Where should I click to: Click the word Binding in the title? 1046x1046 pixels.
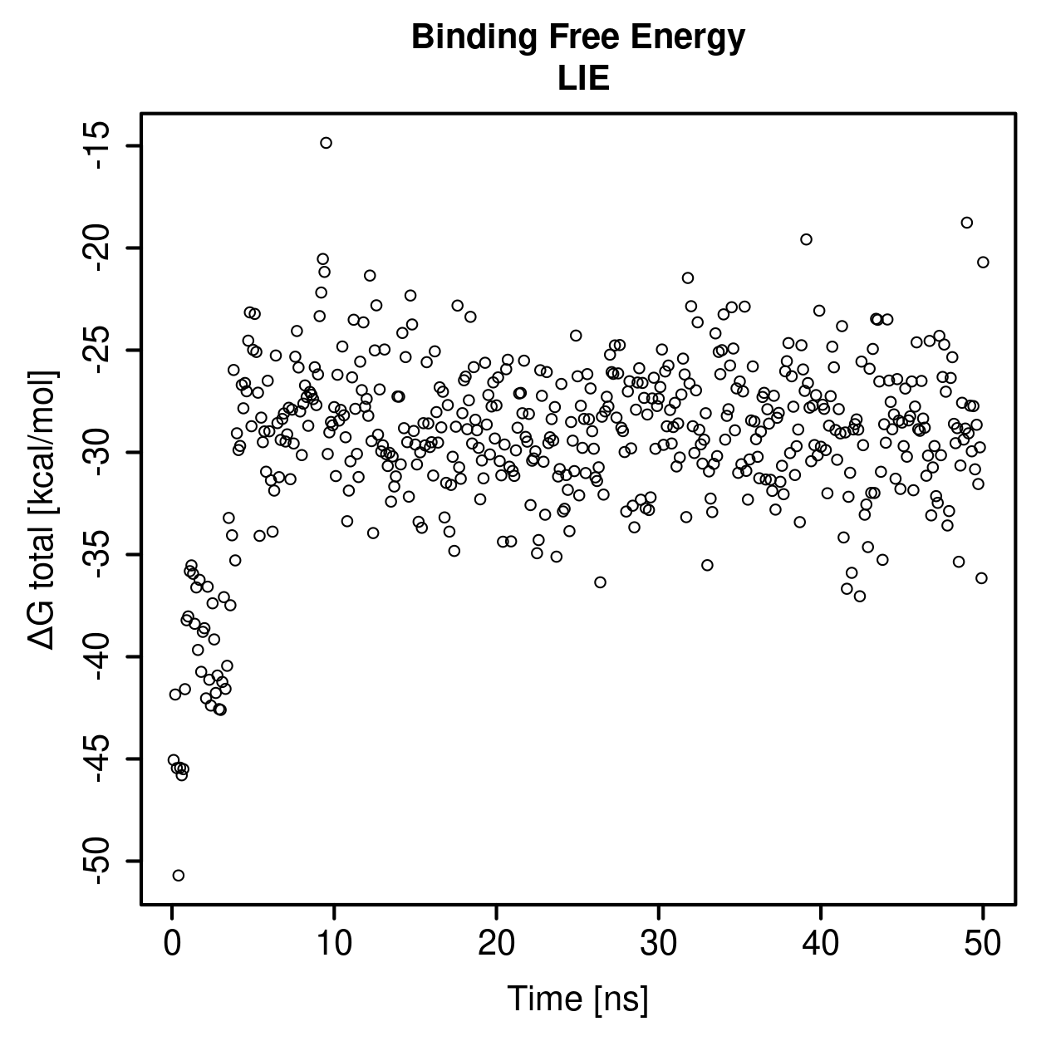pos(475,39)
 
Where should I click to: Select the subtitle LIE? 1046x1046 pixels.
pos(583,78)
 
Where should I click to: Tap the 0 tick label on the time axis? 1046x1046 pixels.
pos(172,944)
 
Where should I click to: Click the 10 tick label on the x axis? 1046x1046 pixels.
pos(334,944)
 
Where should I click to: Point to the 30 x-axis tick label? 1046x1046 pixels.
pos(659,944)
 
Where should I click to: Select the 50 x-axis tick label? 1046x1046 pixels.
pos(983,944)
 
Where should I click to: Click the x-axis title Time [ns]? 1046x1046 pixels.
pos(578,999)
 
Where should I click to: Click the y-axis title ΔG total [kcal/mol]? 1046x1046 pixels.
pos(42,510)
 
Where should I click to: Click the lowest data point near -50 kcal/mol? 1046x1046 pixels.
pos(179,876)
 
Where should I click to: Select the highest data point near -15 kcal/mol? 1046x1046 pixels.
pos(326,143)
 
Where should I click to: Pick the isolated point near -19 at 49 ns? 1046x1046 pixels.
pos(967,223)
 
